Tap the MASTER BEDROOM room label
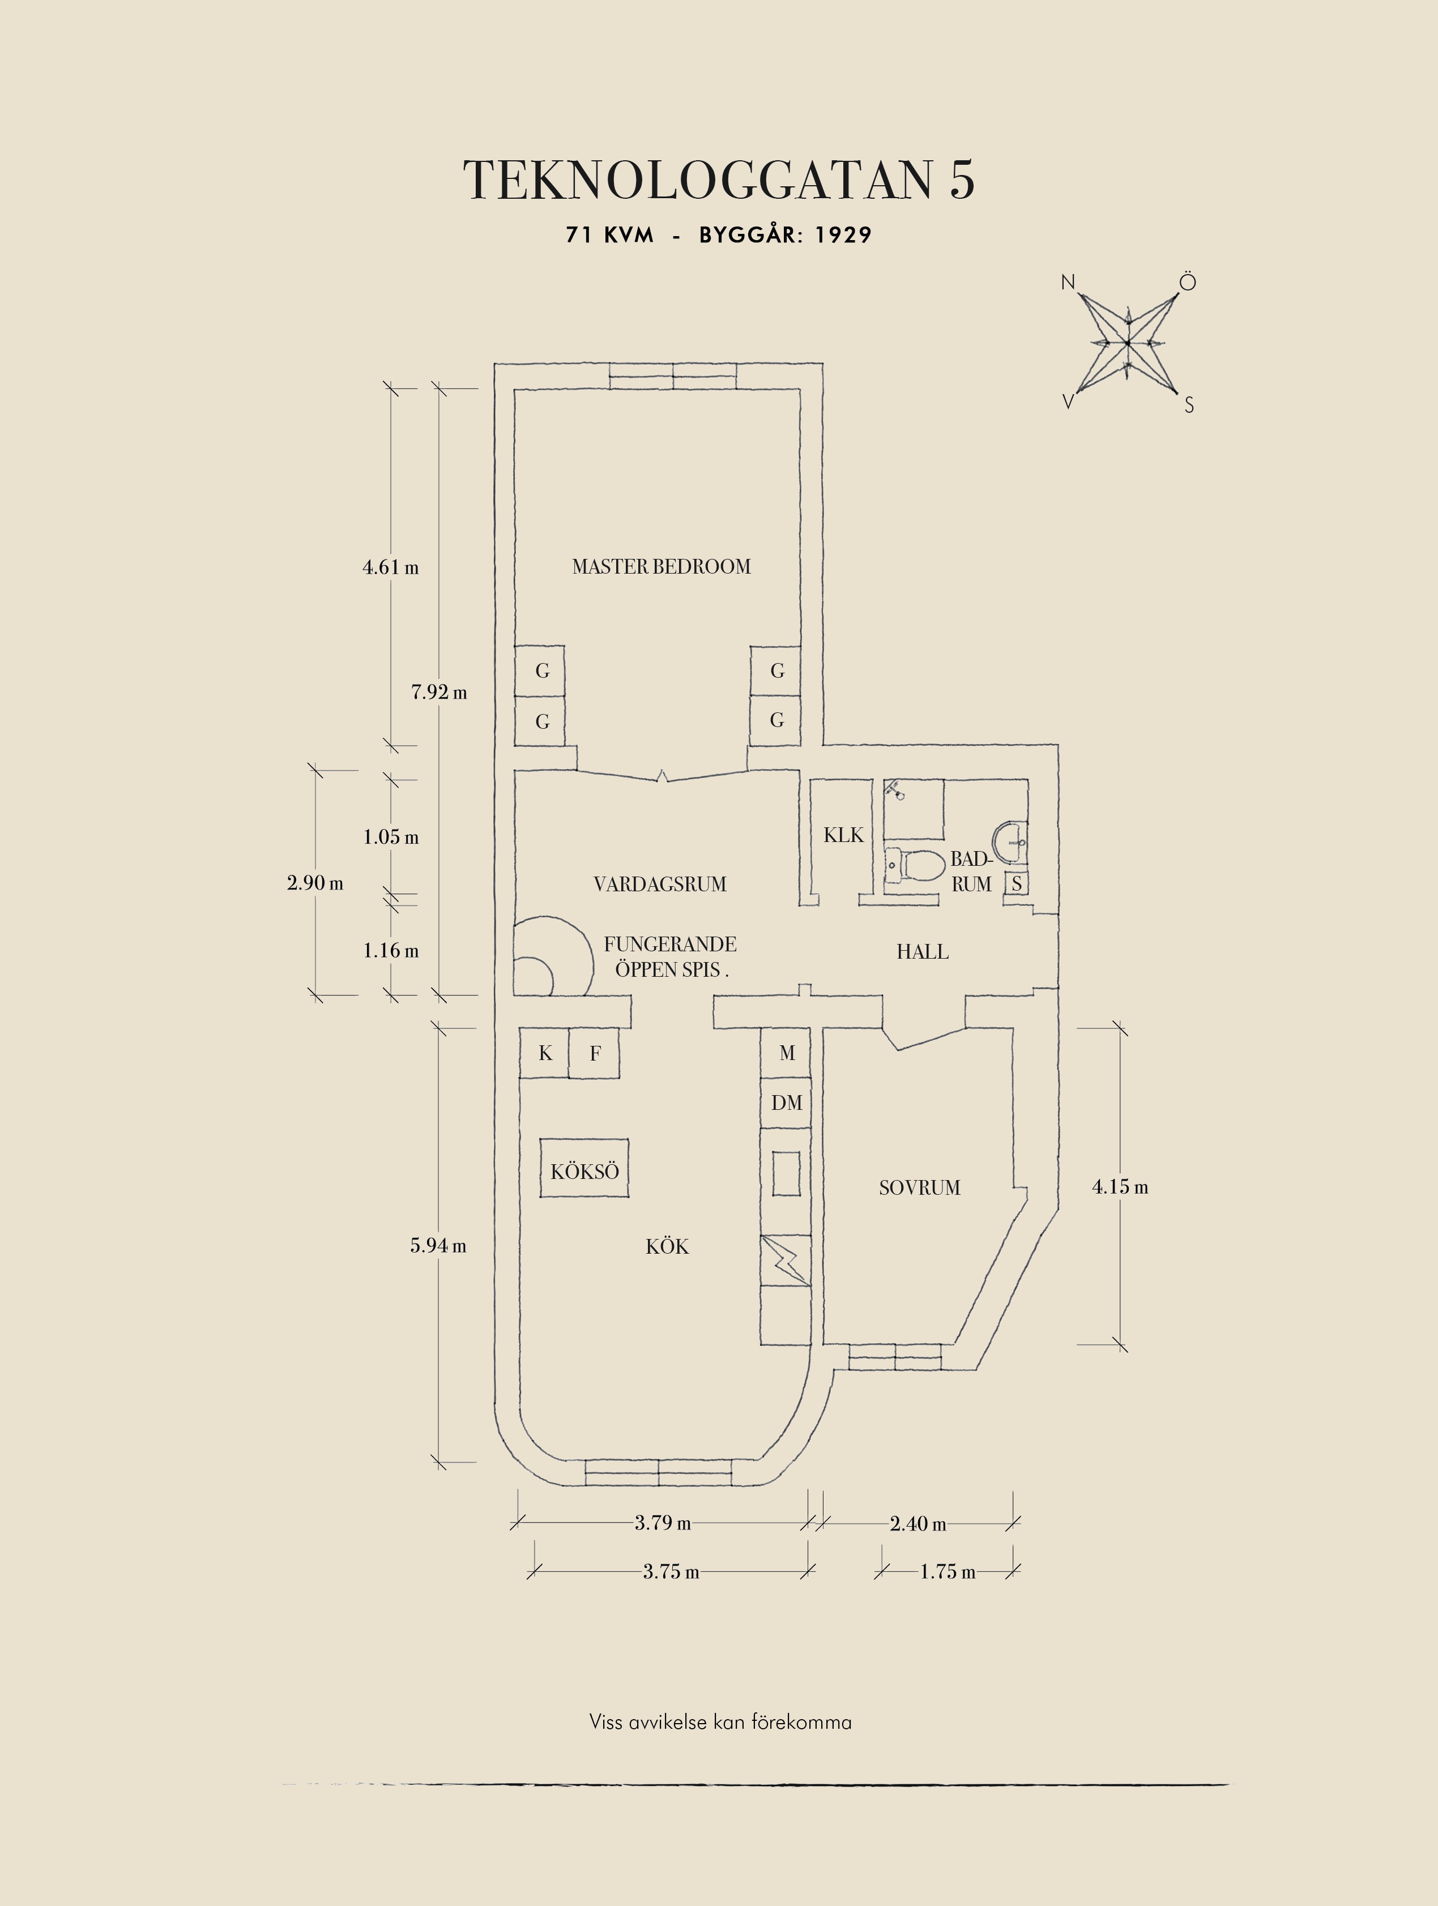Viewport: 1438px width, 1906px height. coord(662,566)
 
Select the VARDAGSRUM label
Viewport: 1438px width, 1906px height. coord(660,884)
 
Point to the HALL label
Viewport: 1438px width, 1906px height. coord(923,951)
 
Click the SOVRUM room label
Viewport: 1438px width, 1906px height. coord(919,1187)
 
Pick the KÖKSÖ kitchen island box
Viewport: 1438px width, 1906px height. coord(584,1168)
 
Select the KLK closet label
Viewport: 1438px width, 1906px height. coord(843,835)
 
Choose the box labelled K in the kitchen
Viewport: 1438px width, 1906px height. coord(544,1053)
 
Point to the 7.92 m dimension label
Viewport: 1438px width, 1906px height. coord(439,692)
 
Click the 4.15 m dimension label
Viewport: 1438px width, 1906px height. coord(1120,1186)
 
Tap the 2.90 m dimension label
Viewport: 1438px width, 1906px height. coord(315,882)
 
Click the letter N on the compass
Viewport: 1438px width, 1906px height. coord(1068,282)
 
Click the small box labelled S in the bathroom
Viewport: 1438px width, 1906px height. coord(1017,883)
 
